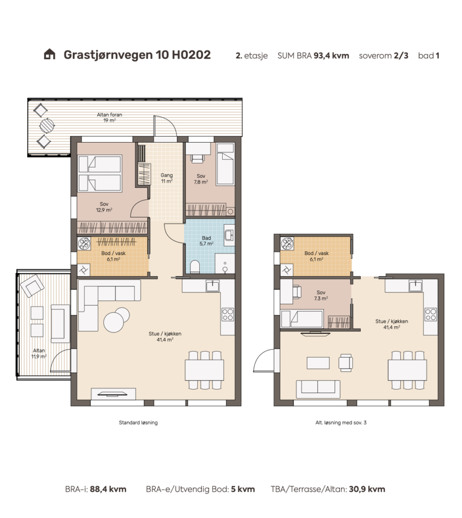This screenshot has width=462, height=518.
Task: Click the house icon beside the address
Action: coord(50,54)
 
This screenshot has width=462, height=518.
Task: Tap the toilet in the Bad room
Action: coord(195,267)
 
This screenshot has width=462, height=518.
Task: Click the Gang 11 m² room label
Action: coord(166,178)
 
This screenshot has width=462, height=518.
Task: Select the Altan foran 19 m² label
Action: coord(109,117)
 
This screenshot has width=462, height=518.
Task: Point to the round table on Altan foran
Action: coord(47,125)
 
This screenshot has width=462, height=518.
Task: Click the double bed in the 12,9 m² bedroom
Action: coord(100,174)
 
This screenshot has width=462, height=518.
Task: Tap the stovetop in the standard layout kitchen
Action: coord(228,315)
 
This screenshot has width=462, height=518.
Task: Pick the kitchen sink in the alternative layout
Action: coord(415,286)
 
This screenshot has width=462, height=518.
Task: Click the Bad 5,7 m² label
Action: coord(206,241)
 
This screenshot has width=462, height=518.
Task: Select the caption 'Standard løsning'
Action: coord(138,422)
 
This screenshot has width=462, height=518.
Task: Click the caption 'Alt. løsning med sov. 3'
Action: coord(341,422)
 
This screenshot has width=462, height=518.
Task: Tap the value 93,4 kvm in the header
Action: coord(331,56)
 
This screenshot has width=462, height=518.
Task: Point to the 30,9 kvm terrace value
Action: coord(367,489)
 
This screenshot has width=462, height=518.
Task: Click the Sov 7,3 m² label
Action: coord(320,295)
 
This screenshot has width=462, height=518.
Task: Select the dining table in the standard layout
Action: coord(204,370)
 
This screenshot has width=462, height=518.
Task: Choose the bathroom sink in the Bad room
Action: coord(229,235)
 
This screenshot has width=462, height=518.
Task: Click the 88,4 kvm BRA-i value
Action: coord(108,489)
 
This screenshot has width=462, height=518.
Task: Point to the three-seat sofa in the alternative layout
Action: coord(318,389)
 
